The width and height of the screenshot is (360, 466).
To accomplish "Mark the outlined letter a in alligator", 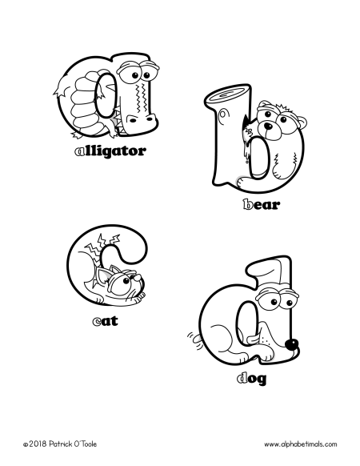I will [x=78, y=150].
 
